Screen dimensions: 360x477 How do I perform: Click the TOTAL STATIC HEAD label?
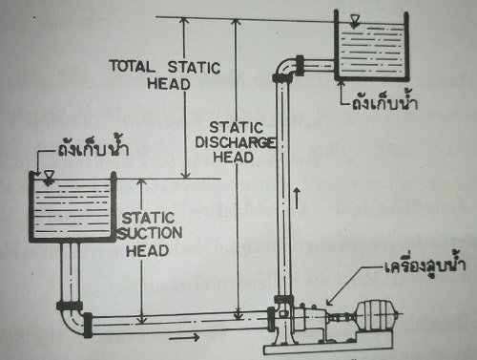pos(165,74)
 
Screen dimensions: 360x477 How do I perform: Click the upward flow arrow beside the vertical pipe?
pos(301,199)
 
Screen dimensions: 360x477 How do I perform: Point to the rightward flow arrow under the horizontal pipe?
pos(190,336)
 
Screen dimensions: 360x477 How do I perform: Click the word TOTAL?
pos(135,66)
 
